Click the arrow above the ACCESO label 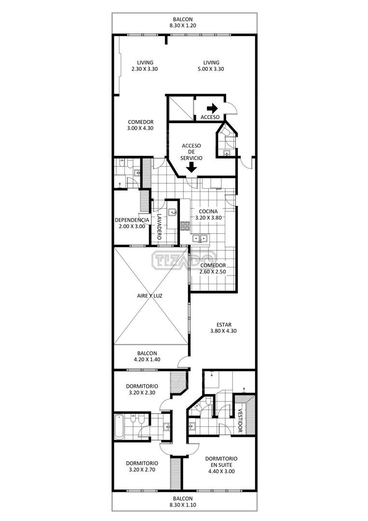[x=212, y=108]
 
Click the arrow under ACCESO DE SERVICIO [x=191, y=168]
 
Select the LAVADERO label [x=159, y=226]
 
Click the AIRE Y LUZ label [x=150, y=296]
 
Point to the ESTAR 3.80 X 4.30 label [x=223, y=328]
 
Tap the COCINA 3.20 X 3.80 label [x=208, y=214]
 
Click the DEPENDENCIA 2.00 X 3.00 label [x=132, y=223]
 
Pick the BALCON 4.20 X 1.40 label [x=147, y=356]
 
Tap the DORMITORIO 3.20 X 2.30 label [x=142, y=389]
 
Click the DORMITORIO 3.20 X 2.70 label [x=142, y=466]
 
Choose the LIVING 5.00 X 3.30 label [x=211, y=66]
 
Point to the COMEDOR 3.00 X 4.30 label [x=140, y=125]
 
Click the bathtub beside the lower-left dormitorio [x=119, y=426]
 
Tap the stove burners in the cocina [x=185, y=226]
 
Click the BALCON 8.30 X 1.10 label [x=183, y=502]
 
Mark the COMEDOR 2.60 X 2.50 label [x=213, y=269]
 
